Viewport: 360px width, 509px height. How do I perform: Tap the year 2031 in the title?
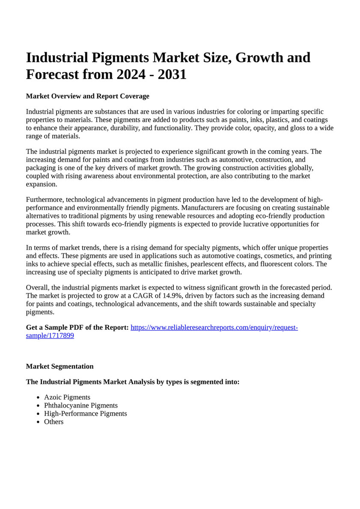(x=172, y=74)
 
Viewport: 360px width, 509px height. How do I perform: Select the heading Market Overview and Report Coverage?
(x=87, y=96)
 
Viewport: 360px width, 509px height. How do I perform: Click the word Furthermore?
(x=45, y=200)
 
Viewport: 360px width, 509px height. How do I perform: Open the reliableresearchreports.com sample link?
(x=214, y=328)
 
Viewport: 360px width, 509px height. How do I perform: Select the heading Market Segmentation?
(x=60, y=367)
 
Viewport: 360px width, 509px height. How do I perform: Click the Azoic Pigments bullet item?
(x=67, y=397)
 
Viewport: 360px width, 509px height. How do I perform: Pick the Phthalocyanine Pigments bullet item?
(x=81, y=405)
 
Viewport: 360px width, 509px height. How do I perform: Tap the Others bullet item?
(x=54, y=422)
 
